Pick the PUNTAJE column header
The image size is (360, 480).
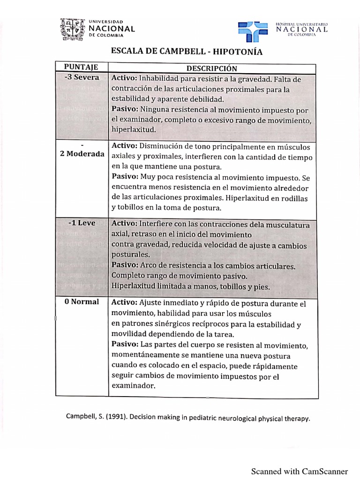[81, 68]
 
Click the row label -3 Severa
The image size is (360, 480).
[82, 77]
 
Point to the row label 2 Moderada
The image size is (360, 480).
[82, 154]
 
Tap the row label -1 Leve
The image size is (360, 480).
[82, 223]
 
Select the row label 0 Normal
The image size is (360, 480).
[82, 301]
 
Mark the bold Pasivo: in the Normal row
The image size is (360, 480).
[125, 345]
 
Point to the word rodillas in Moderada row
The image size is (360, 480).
[295, 198]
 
